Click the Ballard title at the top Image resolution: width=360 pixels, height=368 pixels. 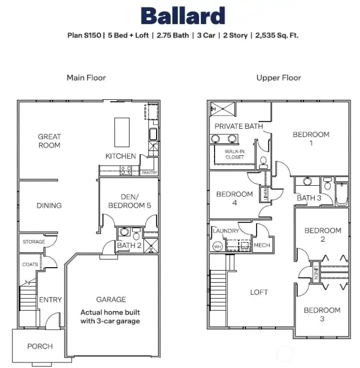182,16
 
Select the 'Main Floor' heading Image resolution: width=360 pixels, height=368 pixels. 86,77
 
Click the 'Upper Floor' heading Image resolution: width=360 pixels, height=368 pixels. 278,77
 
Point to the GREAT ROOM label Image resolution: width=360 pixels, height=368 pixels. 49,141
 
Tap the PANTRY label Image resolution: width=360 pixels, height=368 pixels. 149,173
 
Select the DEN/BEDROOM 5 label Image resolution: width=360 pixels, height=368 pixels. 129,201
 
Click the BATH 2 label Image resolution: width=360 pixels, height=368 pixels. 129,245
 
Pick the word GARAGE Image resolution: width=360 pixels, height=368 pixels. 111,299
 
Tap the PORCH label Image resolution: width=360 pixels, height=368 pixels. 40,346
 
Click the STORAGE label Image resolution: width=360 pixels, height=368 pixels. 33,242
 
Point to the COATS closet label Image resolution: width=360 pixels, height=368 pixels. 29,265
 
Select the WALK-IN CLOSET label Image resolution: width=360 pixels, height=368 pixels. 234,154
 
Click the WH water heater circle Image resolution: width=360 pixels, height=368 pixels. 217,246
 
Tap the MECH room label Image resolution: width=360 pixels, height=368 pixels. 261,245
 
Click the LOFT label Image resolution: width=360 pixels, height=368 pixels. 259,292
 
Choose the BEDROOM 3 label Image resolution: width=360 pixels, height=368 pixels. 322,314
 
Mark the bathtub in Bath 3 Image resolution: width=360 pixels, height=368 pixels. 342,195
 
